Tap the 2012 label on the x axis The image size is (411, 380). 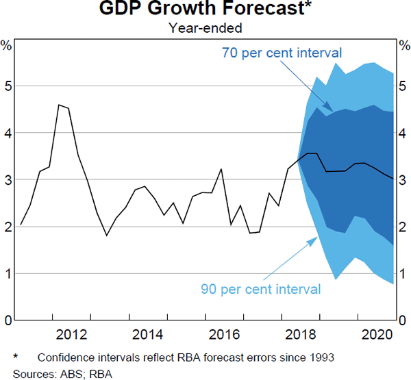click(71, 334)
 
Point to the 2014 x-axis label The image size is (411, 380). click(147, 334)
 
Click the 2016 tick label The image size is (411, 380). click(223, 334)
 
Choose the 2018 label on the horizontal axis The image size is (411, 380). click(299, 334)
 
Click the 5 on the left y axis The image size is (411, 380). click(7, 86)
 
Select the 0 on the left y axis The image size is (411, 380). click(7, 320)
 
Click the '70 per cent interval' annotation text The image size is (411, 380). click(282, 53)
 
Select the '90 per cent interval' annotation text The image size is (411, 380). click(261, 289)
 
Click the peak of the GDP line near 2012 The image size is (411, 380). click(60, 105)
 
